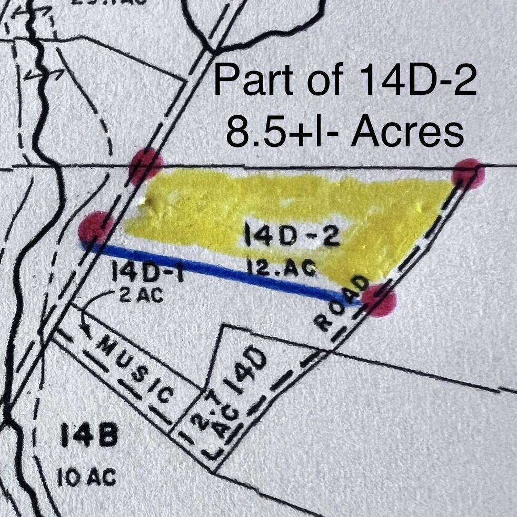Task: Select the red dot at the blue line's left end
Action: (95, 228)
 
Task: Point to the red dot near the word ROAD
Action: (379, 301)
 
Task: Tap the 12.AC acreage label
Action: (282, 269)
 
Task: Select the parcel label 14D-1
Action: (147, 273)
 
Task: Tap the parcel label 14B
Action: (89, 436)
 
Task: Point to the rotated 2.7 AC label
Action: (217, 421)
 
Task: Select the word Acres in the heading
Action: (408, 132)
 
